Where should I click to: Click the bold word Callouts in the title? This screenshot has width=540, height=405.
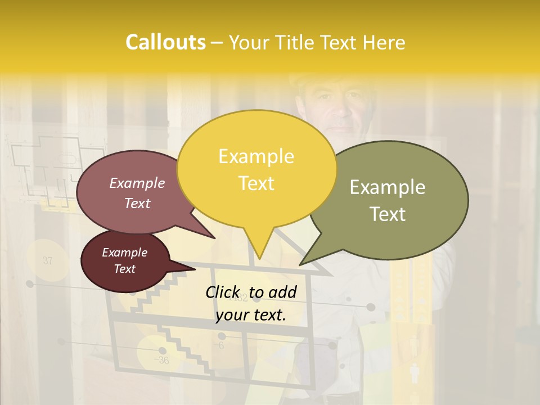click(165, 42)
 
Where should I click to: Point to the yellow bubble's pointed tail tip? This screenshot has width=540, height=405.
click(260, 258)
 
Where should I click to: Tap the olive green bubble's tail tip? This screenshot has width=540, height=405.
click(300, 264)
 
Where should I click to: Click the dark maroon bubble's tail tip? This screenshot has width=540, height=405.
click(195, 269)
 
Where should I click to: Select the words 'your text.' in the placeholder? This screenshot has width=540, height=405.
click(251, 315)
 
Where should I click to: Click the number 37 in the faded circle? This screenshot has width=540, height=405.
click(47, 260)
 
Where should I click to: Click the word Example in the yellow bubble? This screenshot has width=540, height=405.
click(256, 156)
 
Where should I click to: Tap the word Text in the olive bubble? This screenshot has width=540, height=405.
click(388, 214)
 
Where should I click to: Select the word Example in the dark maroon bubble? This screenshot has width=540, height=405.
click(124, 253)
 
